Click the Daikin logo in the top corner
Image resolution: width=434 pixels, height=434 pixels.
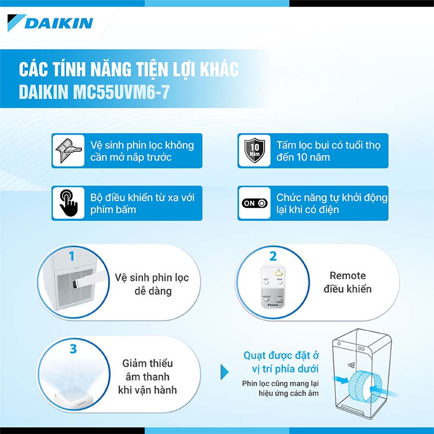50,23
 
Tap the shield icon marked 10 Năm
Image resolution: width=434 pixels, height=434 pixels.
254,150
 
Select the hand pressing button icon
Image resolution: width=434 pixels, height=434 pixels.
68,203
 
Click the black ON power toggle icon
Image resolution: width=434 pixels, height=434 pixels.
255,203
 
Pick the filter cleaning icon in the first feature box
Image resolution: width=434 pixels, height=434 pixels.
68,151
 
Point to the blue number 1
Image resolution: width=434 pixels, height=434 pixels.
72,256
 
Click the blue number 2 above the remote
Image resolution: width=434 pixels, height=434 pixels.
273,257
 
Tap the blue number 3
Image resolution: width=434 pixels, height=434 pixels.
73,349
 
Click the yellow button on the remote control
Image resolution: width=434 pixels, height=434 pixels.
278,274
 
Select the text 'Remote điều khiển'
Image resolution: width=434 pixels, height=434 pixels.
348,282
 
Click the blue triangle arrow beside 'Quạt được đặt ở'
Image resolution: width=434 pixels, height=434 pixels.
224,372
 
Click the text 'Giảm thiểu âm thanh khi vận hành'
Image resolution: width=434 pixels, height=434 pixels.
148,377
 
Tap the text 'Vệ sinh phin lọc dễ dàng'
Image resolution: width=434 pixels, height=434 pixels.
152,284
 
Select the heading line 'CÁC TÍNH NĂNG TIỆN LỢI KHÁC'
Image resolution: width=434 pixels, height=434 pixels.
129,69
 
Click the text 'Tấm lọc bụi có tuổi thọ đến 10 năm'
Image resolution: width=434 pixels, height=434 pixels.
328,151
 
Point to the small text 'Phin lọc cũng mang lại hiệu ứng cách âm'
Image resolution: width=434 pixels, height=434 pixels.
280,388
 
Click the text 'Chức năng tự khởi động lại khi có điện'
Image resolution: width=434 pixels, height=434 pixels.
332,203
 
